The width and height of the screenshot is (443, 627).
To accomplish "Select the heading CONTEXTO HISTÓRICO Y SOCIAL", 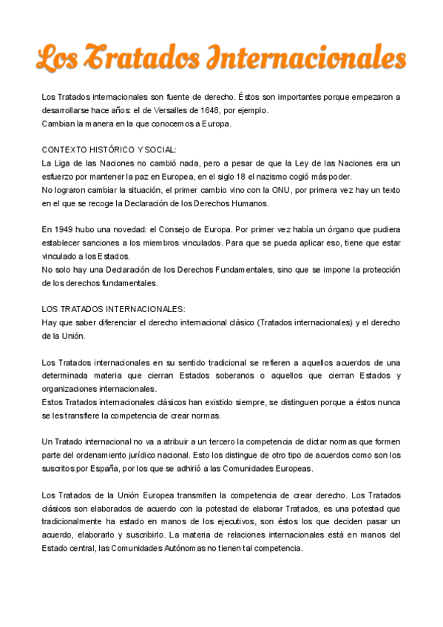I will click(x=109, y=149).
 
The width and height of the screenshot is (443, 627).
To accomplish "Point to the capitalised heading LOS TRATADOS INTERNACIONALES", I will click(x=113, y=309).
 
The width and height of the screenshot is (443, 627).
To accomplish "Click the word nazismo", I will click(x=283, y=176).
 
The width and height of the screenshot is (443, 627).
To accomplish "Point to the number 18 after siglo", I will click(x=256, y=176).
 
